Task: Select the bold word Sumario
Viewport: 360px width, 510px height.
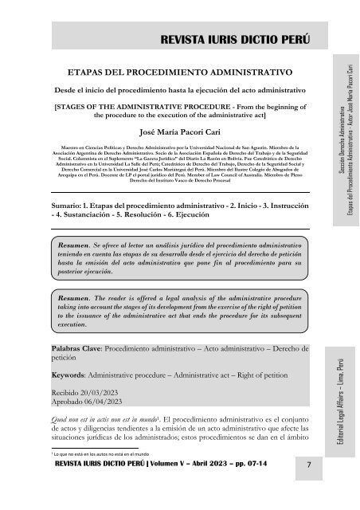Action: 68,182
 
